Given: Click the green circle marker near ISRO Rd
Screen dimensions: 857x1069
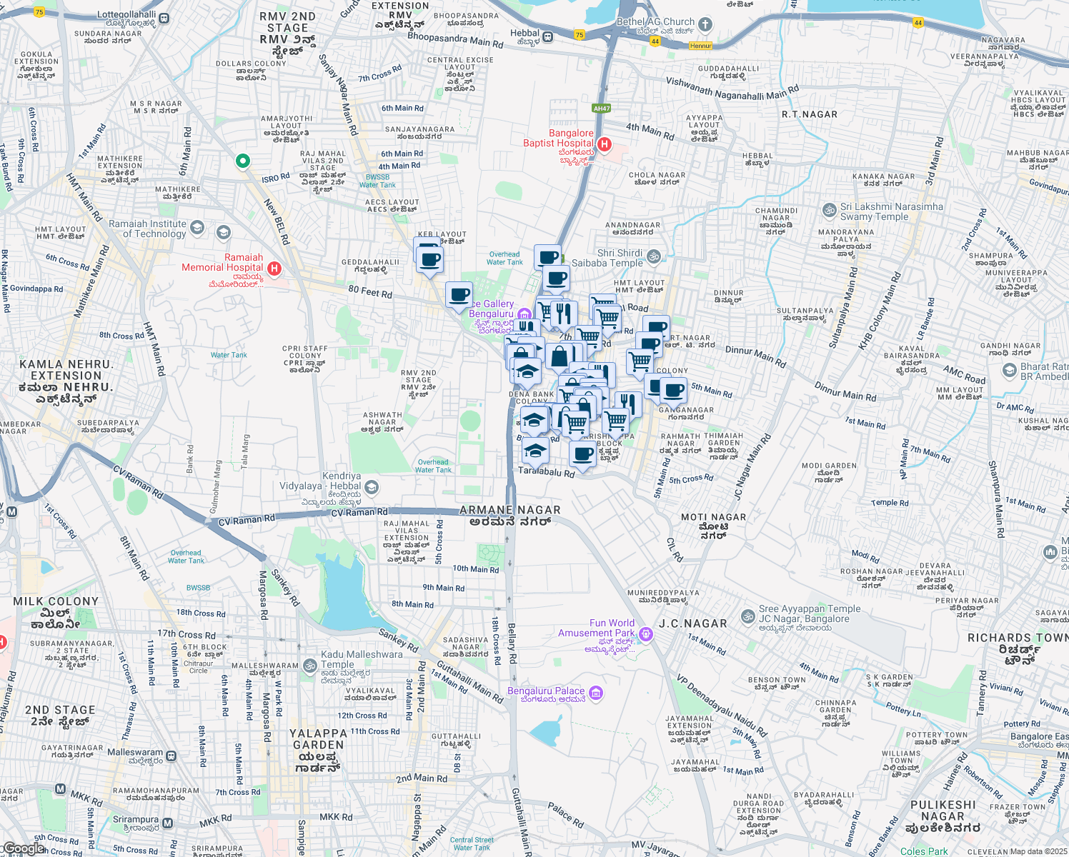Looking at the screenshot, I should (x=243, y=161).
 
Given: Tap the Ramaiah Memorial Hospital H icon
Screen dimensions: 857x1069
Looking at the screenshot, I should (x=274, y=269).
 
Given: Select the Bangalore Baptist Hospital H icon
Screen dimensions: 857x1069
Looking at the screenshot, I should (x=604, y=144).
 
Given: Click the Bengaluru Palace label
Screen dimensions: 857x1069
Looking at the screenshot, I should (x=546, y=691).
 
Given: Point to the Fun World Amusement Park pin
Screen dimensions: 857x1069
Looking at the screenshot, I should (x=646, y=633).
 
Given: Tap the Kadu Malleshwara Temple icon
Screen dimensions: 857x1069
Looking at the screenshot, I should (x=309, y=666).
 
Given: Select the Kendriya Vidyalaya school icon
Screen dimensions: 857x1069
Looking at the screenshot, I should (x=371, y=487).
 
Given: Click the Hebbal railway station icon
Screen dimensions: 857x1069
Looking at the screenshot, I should (x=548, y=37).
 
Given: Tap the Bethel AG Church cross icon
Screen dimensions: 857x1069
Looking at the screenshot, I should (x=705, y=25).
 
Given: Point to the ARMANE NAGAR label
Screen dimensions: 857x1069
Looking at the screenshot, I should (x=509, y=510).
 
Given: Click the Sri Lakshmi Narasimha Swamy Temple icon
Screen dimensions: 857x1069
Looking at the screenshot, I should (x=830, y=210).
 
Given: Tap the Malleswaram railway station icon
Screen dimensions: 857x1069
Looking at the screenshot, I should (x=171, y=755).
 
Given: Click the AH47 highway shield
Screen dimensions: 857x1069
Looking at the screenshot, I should (x=602, y=109).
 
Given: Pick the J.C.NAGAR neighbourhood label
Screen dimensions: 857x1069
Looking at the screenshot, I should (x=692, y=623).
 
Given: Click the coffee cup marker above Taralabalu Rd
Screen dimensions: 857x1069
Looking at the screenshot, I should (x=583, y=453).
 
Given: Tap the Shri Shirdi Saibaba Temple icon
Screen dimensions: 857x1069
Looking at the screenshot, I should (x=653, y=256).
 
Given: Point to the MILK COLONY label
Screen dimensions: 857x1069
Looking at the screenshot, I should (x=56, y=601).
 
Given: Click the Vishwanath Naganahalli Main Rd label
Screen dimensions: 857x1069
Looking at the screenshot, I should (x=732, y=89).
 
